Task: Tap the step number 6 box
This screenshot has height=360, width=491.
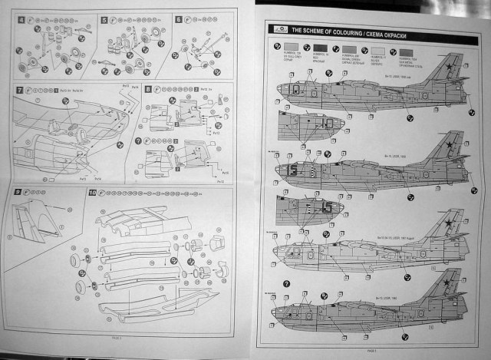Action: [x=179, y=19]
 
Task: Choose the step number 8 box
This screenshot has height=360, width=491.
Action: [x=148, y=90]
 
